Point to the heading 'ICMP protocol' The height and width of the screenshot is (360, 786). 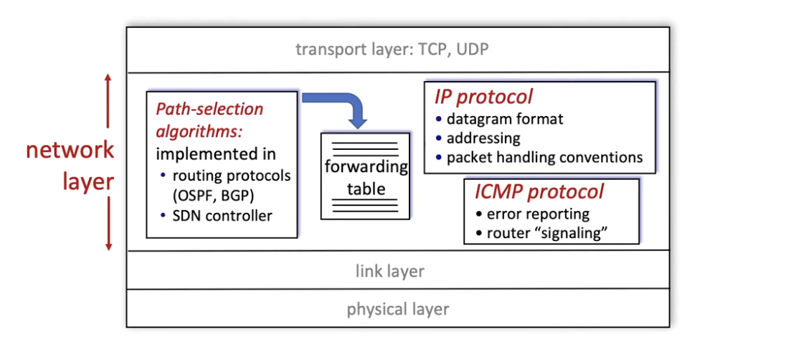[x=539, y=192]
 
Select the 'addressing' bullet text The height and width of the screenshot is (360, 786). [x=483, y=138]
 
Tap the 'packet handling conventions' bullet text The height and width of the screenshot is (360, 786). [x=544, y=156]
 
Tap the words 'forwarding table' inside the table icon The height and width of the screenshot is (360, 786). [x=366, y=179]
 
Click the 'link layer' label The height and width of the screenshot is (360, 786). [x=389, y=271]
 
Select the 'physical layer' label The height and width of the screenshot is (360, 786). [x=397, y=309]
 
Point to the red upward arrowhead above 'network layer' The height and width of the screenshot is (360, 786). [x=108, y=78]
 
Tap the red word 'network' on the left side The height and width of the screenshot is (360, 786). [x=70, y=150]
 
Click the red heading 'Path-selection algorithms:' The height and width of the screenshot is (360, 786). [x=209, y=120]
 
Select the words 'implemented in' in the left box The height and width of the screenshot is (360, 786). [x=216, y=154]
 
